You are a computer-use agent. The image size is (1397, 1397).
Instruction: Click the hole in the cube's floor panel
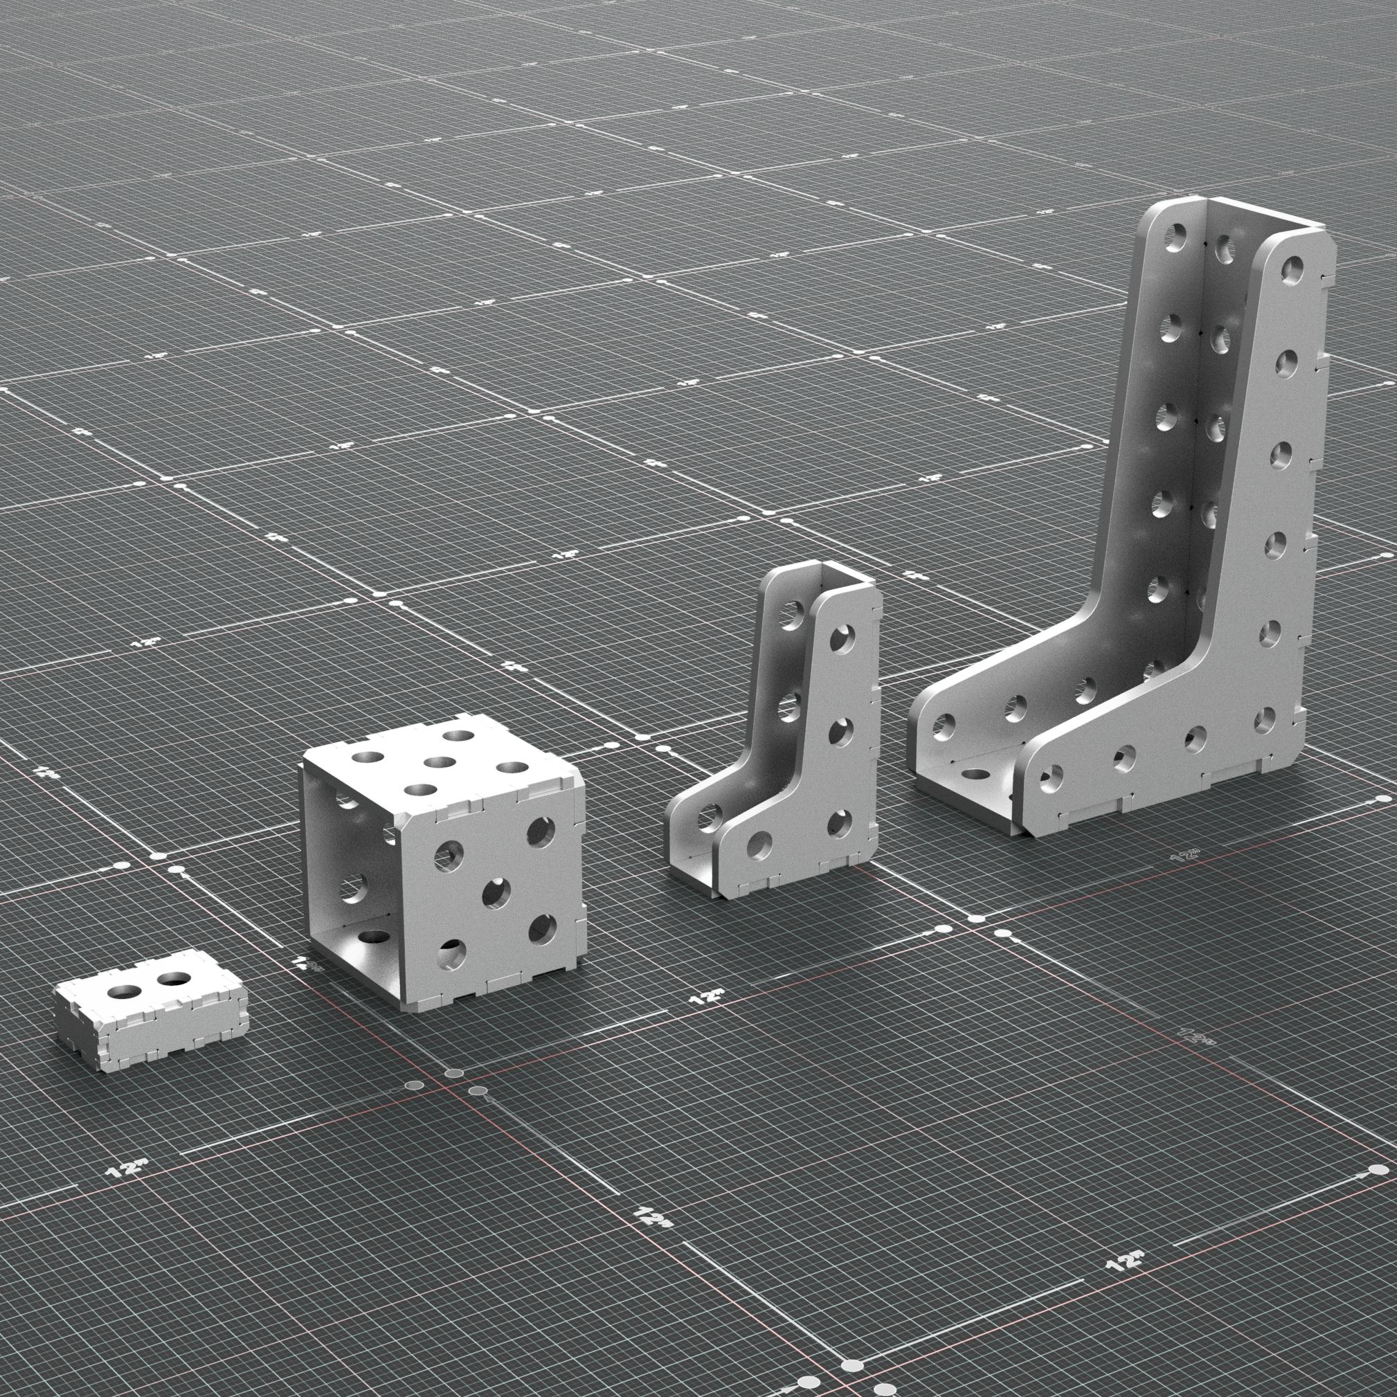coord(372,938)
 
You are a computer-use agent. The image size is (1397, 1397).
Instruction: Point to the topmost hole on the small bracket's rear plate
coord(794,620)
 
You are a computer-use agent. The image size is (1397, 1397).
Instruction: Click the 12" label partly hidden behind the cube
coord(304,962)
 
